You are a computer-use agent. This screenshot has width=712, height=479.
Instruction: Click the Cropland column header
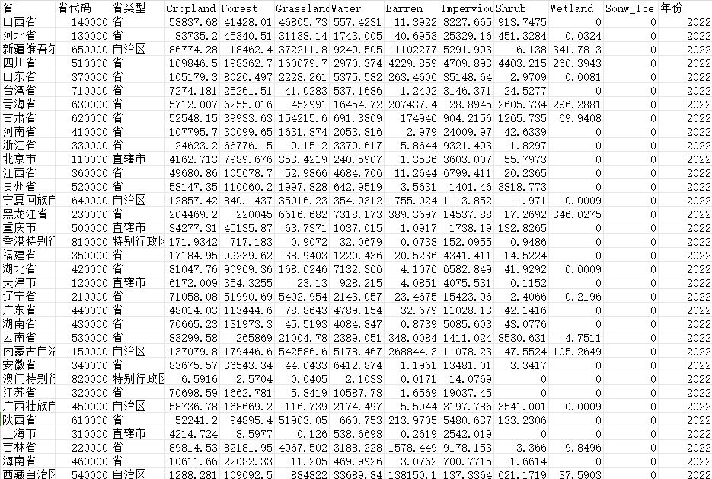click(x=190, y=8)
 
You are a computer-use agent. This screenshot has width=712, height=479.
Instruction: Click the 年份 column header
click(x=672, y=8)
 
